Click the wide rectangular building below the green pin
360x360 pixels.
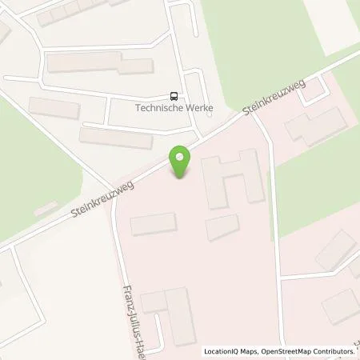tap(154, 225)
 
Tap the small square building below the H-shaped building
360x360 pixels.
tap(222, 227)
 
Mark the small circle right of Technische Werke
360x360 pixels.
tap(210, 114)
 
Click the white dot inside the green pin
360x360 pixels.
tap(182, 157)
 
